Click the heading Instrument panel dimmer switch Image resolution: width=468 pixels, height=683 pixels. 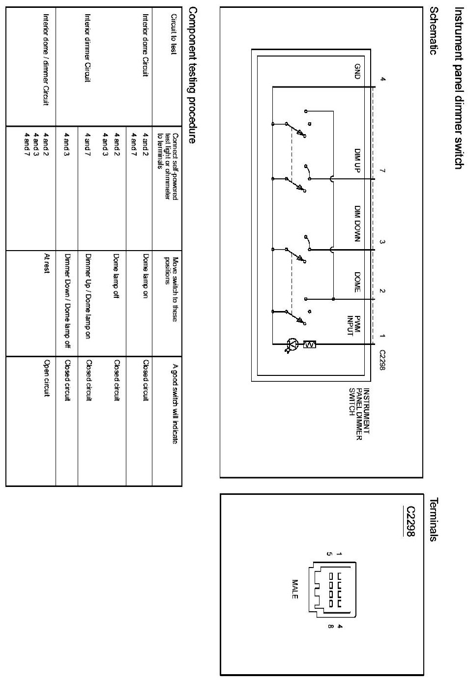pyautogui.click(x=458, y=78)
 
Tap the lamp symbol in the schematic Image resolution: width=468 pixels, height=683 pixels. pyautogui.click(x=293, y=344)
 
